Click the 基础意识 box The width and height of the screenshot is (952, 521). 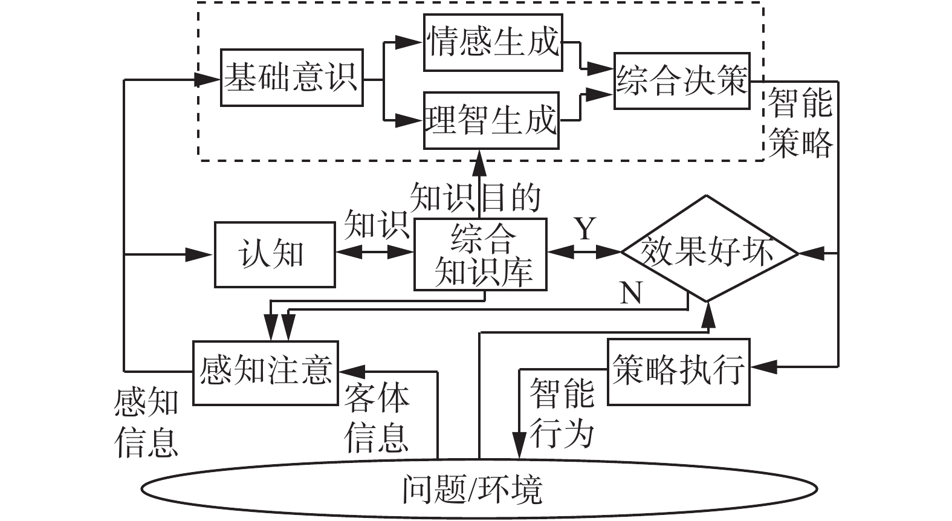291,78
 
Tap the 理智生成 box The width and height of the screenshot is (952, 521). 491,120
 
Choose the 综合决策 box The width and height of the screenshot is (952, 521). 682,81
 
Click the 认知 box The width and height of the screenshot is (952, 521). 274,254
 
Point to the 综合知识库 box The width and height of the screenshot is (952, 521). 481,254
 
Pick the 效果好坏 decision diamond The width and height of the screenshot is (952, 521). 708,250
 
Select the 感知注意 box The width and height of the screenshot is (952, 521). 265,372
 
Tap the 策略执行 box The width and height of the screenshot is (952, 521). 678,371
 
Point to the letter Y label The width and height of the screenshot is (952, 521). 584,230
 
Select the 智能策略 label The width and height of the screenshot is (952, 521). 801,123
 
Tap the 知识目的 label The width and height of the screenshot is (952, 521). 475,198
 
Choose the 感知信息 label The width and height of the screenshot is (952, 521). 146,422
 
